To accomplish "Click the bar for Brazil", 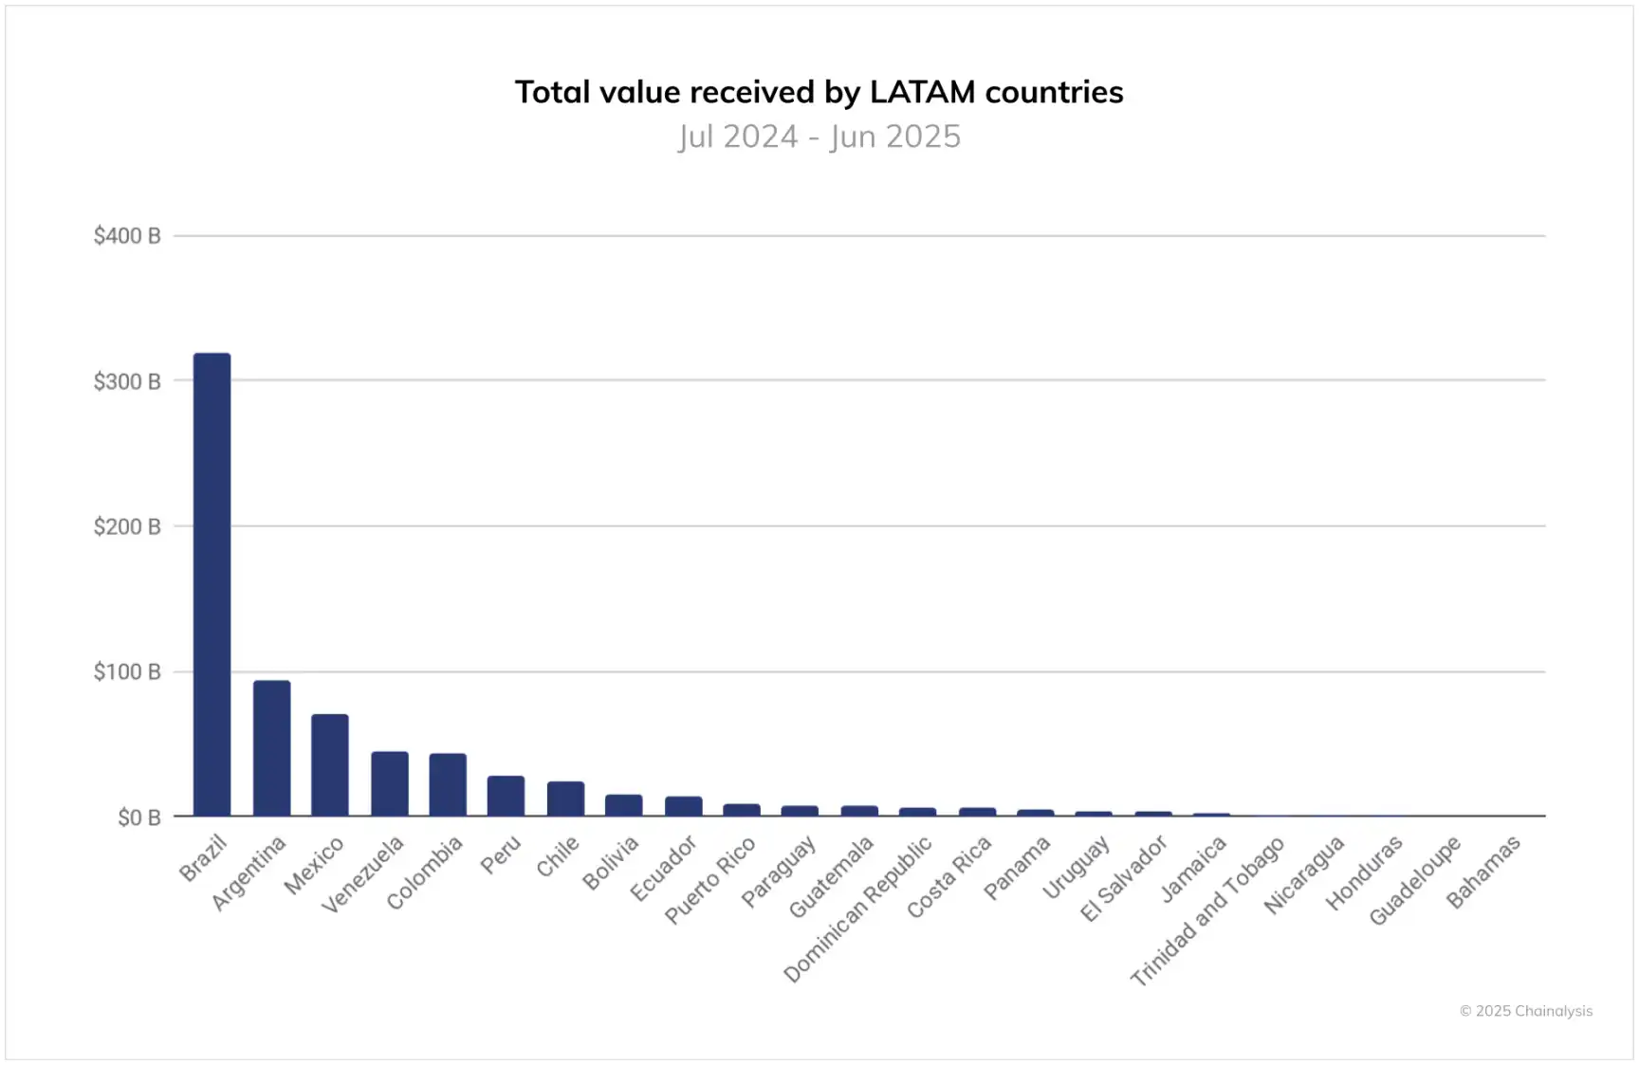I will point(212,584).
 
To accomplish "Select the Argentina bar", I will point(271,748).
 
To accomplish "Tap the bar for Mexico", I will point(329,764).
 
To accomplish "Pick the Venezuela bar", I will point(389,783).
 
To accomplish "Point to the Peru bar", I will point(506,796).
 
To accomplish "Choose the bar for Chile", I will point(565,799).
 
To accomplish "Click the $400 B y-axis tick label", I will point(126,236).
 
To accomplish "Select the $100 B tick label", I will point(126,672).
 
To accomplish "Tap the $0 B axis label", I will point(138,817).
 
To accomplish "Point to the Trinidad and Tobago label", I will point(1207,910).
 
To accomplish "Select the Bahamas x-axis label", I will point(1483,872).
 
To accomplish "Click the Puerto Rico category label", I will point(709,879).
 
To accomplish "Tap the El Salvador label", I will point(1124,879).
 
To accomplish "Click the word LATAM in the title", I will point(922,92).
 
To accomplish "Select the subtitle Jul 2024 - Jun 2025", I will point(819,137).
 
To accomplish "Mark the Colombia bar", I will point(448,784).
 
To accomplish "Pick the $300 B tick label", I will point(126,381).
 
